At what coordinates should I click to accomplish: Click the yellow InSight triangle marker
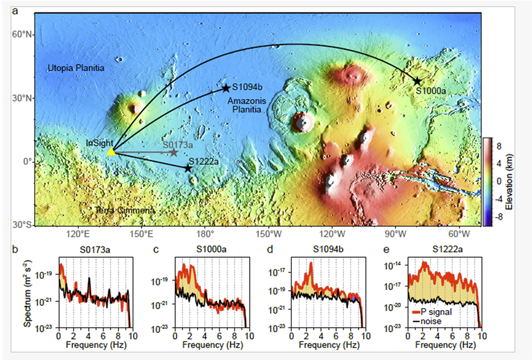point(111,152)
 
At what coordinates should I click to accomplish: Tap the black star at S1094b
point(225,88)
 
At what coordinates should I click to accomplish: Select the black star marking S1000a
point(417,81)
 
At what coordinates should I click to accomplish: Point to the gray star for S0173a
point(174,152)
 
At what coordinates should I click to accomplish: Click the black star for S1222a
point(188,168)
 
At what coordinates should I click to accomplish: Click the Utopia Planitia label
point(76,69)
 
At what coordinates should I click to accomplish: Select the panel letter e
point(386,249)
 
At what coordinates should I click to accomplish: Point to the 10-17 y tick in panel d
point(277,272)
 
